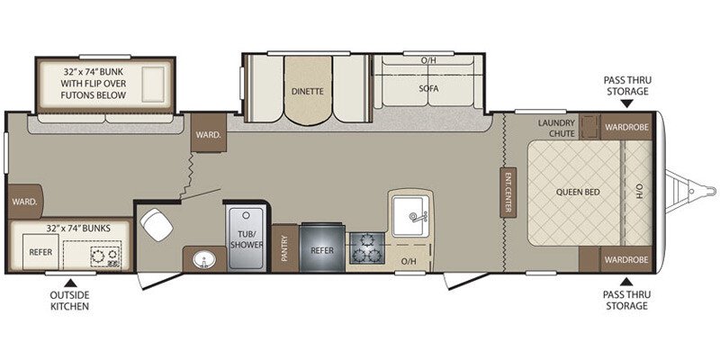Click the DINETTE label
click(307, 91)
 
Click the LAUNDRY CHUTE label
click(556, 129)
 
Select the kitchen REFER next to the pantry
click(322, 247)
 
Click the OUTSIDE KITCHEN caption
click(69, 301)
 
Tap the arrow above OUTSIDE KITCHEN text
click(69, 283)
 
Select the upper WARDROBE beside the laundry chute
click(625, 127)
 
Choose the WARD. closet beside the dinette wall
click(203, 135)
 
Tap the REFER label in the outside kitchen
click(39, 253)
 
